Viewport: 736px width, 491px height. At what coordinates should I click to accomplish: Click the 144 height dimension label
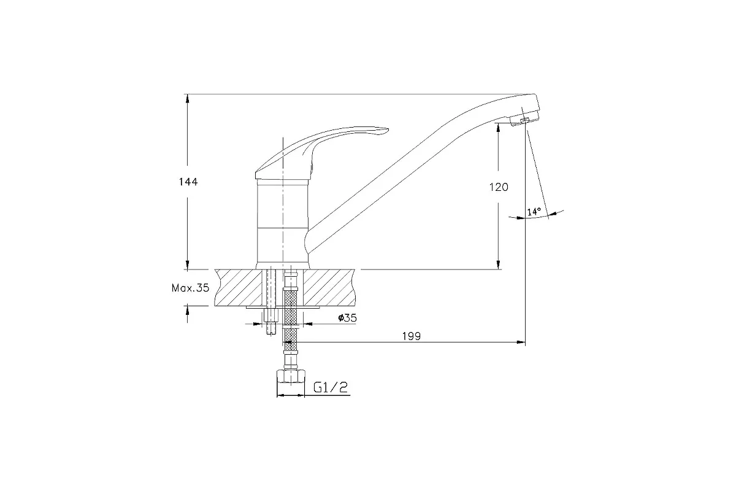click(188, 182)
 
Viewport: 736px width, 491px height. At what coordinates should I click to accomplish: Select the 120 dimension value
click(499, 187)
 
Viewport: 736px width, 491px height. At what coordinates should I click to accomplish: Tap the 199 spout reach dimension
click(412, 336)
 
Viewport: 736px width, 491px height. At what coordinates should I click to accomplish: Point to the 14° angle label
click(534, 212)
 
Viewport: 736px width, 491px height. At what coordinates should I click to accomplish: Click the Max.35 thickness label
click(190, 288)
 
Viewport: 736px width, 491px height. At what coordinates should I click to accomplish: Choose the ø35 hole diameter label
click(347, 318)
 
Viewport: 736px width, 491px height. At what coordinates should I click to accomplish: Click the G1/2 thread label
click(330, 387)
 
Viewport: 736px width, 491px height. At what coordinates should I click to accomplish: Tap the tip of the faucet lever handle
click(388, 130)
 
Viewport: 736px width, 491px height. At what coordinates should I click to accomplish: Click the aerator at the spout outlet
click(524, 120)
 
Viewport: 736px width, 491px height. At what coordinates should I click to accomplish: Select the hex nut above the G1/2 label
click(291, 377)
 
